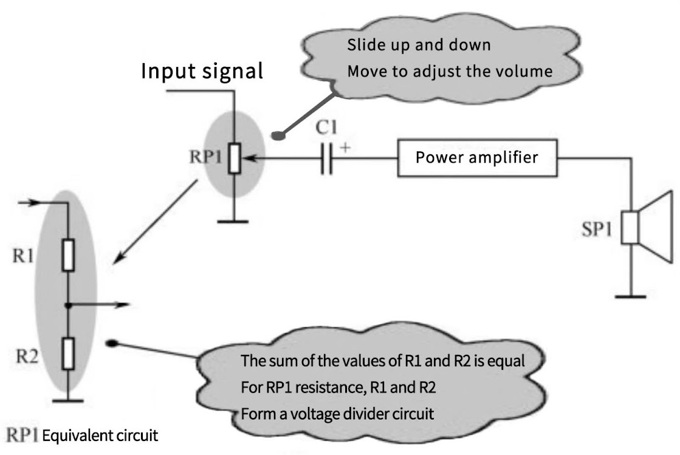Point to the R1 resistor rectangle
pos(69,255)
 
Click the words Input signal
pos(202,71)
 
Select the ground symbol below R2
pos(68,400)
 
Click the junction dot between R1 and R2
pos(69,304)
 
